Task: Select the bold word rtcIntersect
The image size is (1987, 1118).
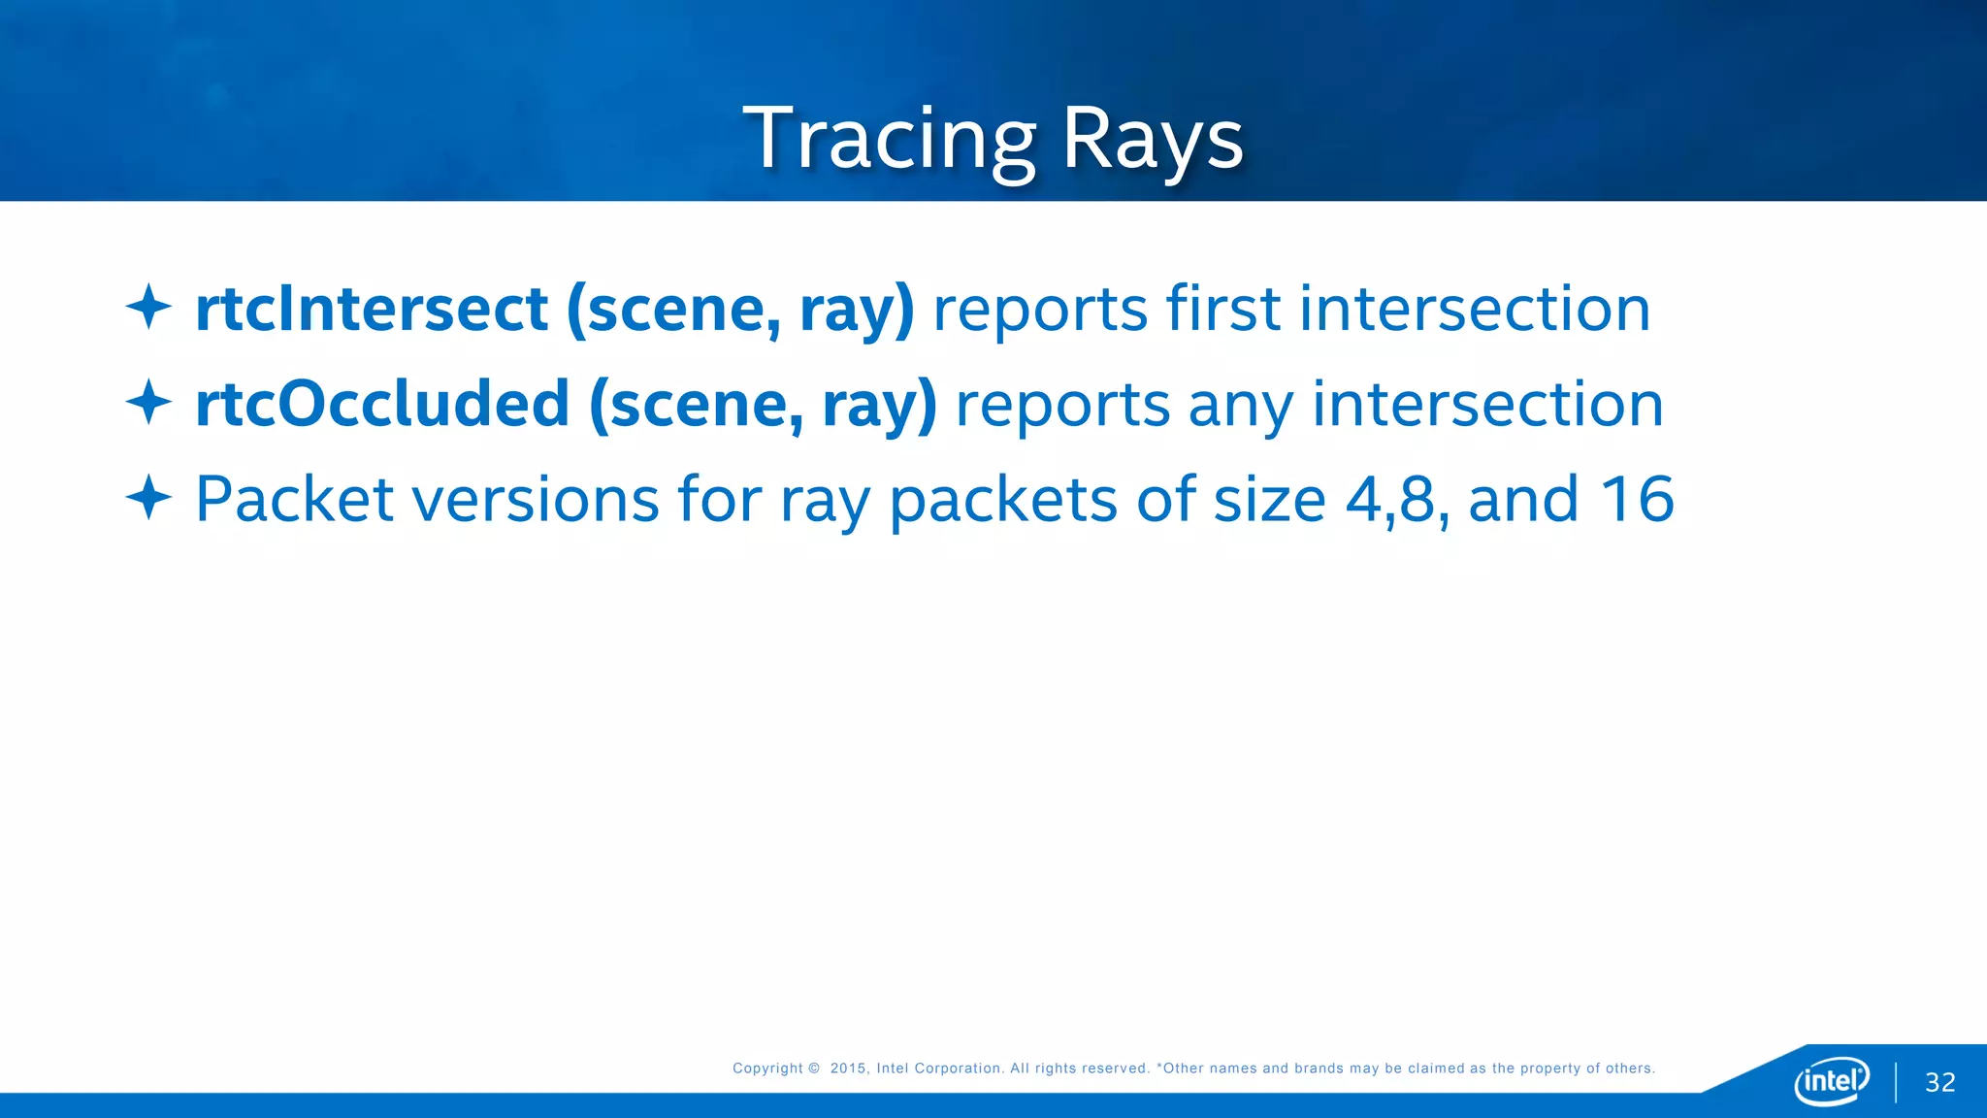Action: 372,309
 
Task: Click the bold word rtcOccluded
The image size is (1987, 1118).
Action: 382,404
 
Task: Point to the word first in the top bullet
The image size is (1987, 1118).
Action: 1222,309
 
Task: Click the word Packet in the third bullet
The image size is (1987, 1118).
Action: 294,499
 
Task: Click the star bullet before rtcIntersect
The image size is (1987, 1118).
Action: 148,307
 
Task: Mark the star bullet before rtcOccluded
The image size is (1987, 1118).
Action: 148,402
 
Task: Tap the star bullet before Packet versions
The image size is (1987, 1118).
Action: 148,497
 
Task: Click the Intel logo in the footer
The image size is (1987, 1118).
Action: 1831,1080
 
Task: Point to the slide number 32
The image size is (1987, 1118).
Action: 1939,1082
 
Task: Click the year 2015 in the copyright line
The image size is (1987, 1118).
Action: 848,1068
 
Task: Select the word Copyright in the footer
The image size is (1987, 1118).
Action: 767,1068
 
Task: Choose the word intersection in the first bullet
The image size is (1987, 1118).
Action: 1474,309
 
